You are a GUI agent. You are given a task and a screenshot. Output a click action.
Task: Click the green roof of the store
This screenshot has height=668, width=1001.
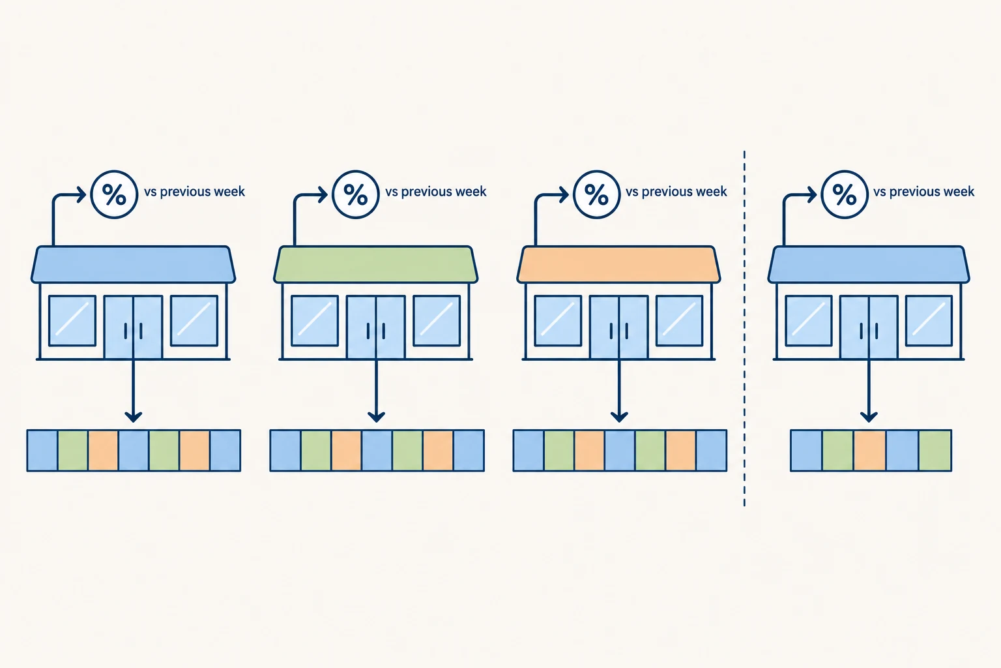pos(376,264)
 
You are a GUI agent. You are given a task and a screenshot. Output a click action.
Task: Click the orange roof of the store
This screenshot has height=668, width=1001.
pos(619,264)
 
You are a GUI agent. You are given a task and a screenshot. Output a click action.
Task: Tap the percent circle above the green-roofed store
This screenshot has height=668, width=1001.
pos(356,194)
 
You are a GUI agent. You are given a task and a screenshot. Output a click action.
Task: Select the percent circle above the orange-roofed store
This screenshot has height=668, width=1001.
pos(596,194)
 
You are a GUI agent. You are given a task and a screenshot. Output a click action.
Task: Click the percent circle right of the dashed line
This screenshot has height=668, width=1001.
pos(845,194)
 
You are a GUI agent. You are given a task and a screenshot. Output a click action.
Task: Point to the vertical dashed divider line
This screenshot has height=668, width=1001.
pos(744,329)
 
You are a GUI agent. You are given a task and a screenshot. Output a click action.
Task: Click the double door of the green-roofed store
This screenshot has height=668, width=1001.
pos(376,327)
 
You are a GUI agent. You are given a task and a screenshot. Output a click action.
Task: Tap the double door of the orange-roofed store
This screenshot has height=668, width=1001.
pos(619,327)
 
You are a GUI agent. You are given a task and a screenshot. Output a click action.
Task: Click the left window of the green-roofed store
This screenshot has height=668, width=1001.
pos(315,321)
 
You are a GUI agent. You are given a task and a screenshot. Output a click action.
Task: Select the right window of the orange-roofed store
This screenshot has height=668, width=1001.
pos(679,321)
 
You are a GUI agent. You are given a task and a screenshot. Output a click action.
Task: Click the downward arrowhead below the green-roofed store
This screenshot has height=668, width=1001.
pos(376,417)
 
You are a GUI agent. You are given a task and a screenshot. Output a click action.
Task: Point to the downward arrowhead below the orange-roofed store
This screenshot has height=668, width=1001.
pos(619,417)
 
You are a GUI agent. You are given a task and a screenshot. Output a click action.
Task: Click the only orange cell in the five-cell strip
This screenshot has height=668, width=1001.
pos(869,451)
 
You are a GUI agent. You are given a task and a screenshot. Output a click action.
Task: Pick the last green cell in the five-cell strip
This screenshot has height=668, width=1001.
pos(935,451)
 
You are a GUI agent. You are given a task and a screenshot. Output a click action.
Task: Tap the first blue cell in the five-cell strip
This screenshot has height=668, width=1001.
pos(806,451)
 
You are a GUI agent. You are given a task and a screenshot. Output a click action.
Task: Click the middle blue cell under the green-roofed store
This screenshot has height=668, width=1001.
pos(377,451)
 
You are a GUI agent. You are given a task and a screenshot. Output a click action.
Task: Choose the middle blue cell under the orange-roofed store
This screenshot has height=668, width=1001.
pos(620,451)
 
